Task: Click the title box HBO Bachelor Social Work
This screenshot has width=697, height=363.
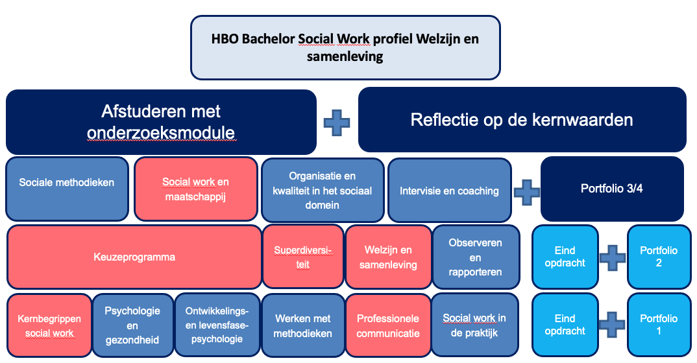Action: (x=345, y=47)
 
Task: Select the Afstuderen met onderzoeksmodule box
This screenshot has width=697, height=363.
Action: (x=161, y=122)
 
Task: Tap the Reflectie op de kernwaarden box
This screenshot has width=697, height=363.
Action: (x=522, y=119)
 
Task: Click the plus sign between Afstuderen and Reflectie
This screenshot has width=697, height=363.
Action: (x=337, y=123)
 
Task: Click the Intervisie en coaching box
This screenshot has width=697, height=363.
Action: (x=449, y=191)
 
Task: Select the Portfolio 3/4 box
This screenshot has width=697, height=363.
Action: (x=612, y=189)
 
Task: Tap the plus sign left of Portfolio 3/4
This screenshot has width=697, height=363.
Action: (x=527, y=191)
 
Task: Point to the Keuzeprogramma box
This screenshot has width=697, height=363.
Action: (x=134, y=257)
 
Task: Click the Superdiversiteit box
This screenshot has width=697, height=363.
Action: (x=303, y=257)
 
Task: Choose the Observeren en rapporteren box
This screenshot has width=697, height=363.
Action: (x=476, y=257)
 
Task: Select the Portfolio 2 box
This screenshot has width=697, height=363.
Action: (x=659, y=257)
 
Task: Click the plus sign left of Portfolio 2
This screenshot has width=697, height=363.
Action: (x=613, y=257)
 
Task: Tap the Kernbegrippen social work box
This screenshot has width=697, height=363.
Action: (x=49, y=326)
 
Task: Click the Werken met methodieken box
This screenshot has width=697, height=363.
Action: (x=302, y=325)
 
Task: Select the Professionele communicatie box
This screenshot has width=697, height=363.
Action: (x=388, y=325)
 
